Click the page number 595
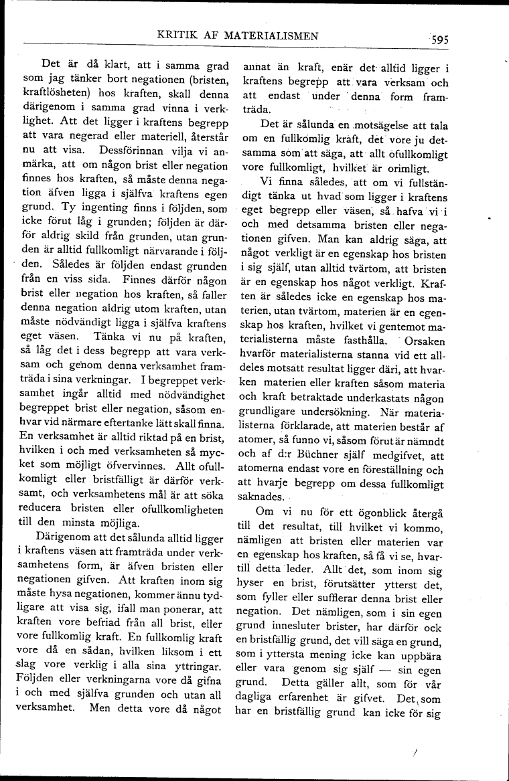pyautogui.click(x=436, y=39)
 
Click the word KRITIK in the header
pyautogui.click(x=176, y=35)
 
